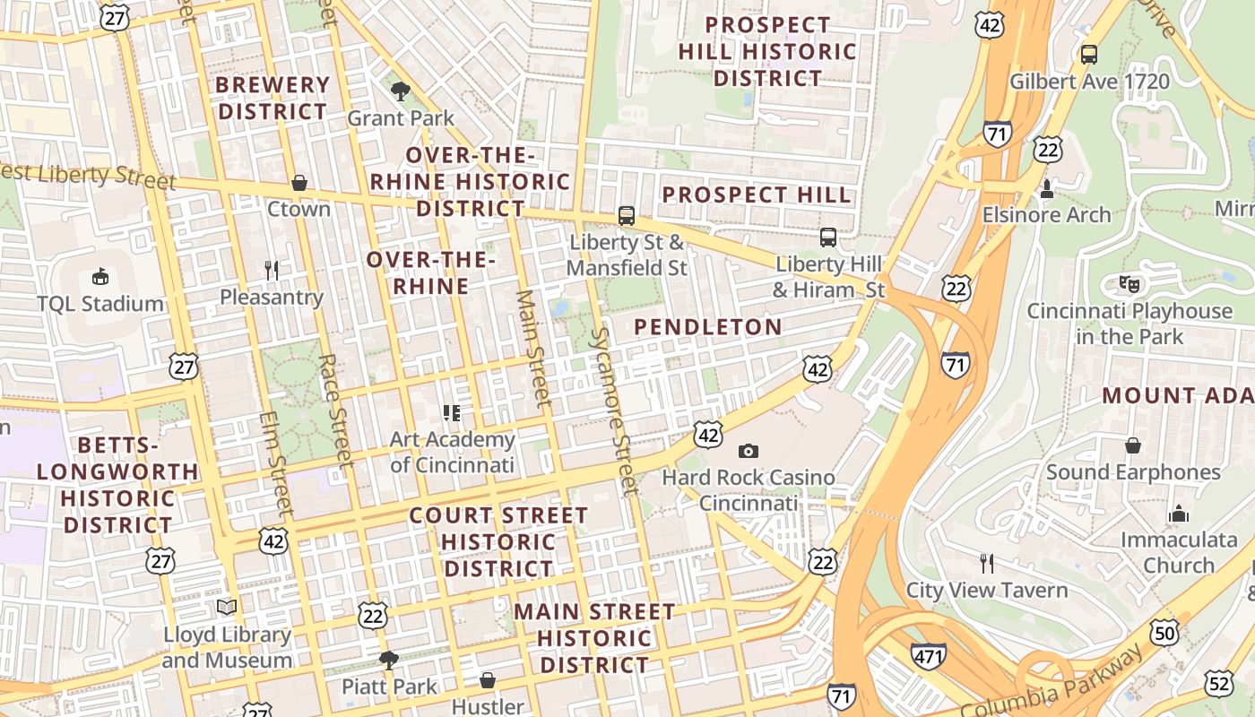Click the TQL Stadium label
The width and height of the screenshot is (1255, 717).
[x=100, y=303]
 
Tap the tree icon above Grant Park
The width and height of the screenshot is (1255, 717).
[x=401, y=90]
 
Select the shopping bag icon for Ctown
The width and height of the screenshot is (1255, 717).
[x=299, y=183]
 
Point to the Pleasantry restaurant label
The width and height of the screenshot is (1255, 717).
[x=271, y=297]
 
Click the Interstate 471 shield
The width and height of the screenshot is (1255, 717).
[x=928, y=656]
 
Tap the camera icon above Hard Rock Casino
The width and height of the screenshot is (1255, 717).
[x=748, y=451]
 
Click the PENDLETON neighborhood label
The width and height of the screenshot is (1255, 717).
[x=708, y=327]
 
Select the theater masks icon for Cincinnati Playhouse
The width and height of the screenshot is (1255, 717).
[x=1129, y=285]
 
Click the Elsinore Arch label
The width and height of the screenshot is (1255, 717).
[x=1046, y=215]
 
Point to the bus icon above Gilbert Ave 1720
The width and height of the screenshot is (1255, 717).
[x=1089, y=55]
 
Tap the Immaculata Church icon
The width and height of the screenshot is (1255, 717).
[x=1178, y=514]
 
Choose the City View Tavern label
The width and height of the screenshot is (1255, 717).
[x=987, y=590]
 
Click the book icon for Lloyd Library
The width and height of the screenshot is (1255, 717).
[x=227, y=608]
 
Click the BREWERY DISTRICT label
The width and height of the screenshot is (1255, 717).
[x=273, y=99]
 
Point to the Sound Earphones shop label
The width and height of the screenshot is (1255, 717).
[x=1133, y=471]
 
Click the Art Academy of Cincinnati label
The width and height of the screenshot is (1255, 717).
[x=453, y=452]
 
